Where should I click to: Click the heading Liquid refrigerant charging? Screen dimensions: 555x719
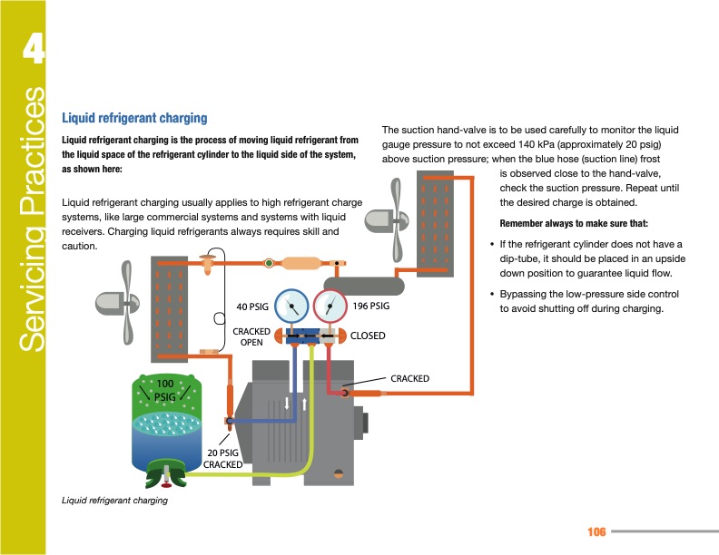tap(134, 118)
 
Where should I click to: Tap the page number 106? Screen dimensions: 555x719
tap(596, 531)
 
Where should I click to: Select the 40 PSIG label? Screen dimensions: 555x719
tap(253, 305)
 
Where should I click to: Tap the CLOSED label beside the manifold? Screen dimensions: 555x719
tap(368, 336)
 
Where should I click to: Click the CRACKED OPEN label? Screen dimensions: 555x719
tap(251, 337)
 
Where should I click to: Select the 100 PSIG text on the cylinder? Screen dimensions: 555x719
tap(164, 391)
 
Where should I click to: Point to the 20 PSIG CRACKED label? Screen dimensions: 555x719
tap(222, 459)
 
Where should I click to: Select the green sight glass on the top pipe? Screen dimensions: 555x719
tap(269, 264)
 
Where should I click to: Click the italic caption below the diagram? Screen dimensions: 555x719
tap(114, 501)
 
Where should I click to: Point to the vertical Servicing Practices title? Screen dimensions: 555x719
tap(28, 218)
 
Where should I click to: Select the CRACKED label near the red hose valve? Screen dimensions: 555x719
tap(409, 377)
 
